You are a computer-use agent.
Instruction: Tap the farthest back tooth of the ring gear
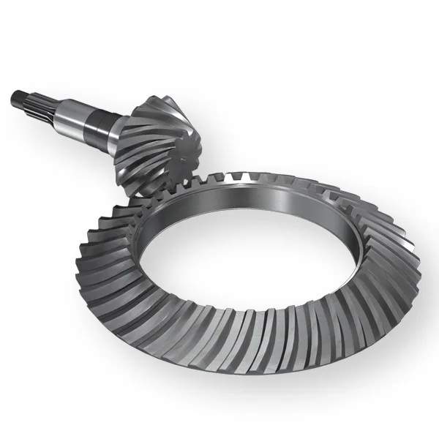(x=256, y=176)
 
